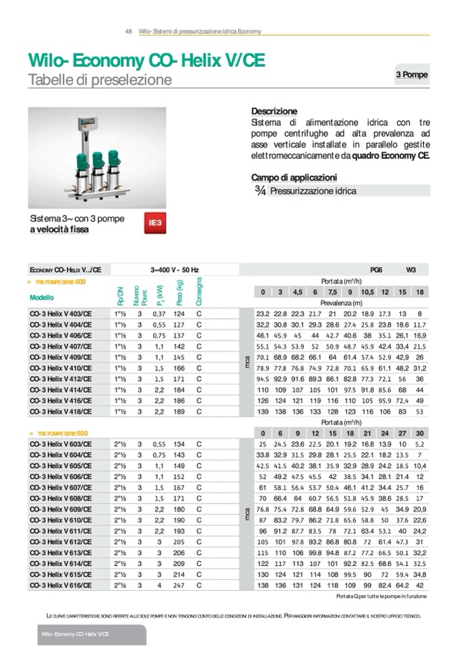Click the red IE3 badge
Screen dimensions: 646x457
156,222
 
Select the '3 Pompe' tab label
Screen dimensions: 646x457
411,75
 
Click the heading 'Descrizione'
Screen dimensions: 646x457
274,111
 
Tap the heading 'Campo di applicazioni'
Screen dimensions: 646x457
294,177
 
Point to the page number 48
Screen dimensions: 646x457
128,32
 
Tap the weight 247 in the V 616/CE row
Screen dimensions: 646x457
179,585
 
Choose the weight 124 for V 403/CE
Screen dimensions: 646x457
179,313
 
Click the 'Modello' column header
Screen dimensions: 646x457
42,297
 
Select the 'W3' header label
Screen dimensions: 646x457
411,269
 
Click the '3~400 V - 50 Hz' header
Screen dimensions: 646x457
174,269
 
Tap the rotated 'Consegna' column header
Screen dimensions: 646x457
199,291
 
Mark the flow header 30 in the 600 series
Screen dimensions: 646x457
420,433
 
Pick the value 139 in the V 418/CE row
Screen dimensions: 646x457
263,411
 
